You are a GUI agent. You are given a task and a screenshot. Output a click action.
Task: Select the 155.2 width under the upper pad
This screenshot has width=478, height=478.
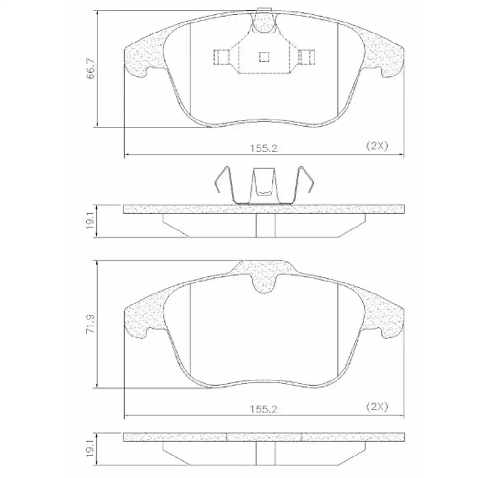pyautogui.click(x=263, y=148)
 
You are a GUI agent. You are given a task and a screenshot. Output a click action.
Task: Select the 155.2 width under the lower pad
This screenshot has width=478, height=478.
pyautogui.click(x=263, y=409)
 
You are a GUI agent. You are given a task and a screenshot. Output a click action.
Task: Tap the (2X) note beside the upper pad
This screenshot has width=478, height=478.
pyautogui.click(x=376, y=146)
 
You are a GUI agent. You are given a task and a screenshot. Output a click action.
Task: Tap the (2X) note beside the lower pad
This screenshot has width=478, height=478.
pyautogui.click(x=376, y=407)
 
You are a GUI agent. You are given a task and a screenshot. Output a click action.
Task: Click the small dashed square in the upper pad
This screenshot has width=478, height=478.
pyautogui.click(x=264, y=56)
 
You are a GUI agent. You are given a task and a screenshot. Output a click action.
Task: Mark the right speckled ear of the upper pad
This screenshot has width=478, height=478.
pyautogui.click(x=386, y=60)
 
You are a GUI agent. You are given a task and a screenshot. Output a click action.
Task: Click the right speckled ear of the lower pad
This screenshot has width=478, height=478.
pyautogui.click(x=386, y=318)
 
